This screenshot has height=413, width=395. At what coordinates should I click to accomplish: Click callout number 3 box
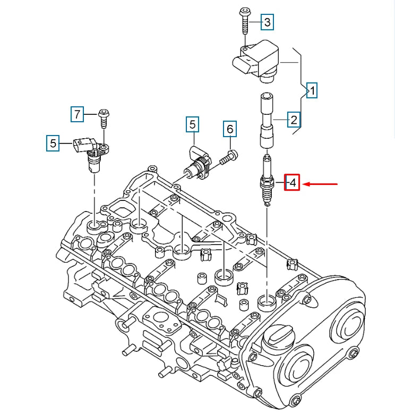point(267,22)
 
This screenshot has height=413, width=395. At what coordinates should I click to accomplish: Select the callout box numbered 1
point(313,91)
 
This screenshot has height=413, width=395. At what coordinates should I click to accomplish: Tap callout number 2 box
point(294,119)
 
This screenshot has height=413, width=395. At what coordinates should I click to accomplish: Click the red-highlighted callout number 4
point(293,183)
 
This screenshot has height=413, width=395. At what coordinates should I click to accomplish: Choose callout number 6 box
point(230,129)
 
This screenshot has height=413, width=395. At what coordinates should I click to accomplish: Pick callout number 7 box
point(78,114)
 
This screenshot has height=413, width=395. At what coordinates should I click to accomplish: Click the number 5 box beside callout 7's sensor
point(53,142)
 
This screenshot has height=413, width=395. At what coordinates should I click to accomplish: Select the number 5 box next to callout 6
point(193,125)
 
